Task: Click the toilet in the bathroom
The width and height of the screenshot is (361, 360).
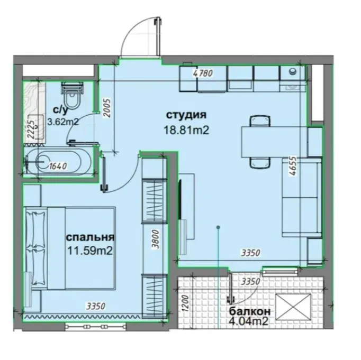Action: click(73, 97)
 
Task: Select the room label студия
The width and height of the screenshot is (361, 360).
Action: click(186, 115)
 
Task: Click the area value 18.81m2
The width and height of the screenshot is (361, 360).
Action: click(186, 131)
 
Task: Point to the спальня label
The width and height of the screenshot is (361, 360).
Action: click(90, 237)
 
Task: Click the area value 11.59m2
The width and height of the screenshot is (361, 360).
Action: click(90, 251)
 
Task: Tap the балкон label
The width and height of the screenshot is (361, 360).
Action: click(249, 311)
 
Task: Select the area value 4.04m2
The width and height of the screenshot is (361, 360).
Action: click(249, 321)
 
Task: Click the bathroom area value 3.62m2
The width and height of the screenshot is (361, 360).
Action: click(63, 122)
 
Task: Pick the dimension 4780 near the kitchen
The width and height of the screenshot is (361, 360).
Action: click(203, 73)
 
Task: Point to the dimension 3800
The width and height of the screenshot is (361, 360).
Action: click(156, 239)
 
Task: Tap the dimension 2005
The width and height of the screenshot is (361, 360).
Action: click(107, 108)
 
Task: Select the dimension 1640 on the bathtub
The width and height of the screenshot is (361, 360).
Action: click(58, 166)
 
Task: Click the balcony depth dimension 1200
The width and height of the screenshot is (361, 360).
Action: click(186, 303)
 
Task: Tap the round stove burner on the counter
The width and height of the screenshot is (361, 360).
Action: click(293, 71)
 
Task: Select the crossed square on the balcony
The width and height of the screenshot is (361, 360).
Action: click(293, 307)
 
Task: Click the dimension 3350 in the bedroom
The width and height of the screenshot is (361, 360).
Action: click(96, 306)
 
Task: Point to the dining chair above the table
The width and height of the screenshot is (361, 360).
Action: click(260, 121)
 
